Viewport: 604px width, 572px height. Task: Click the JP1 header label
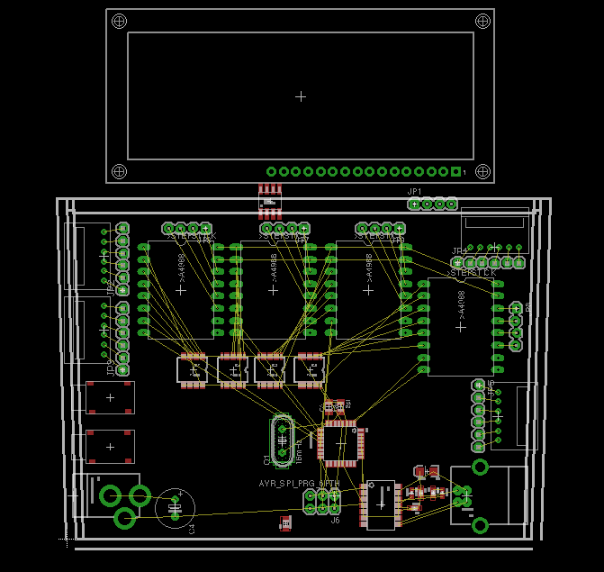(415, 192)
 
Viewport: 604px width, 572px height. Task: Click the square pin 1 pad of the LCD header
(456, 172)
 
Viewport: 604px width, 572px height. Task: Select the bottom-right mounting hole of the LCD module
(482, 172)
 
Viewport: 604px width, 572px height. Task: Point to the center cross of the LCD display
(301, 95)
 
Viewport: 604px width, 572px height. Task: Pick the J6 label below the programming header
(335, 521)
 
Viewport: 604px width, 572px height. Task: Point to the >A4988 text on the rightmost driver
(461, 304)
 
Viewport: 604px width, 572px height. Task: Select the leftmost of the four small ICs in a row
(193, 370)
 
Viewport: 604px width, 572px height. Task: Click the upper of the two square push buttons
(110, 397)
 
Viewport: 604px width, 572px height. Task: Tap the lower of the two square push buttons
(110, 446)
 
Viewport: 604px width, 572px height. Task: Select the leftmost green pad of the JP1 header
(414, 204)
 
